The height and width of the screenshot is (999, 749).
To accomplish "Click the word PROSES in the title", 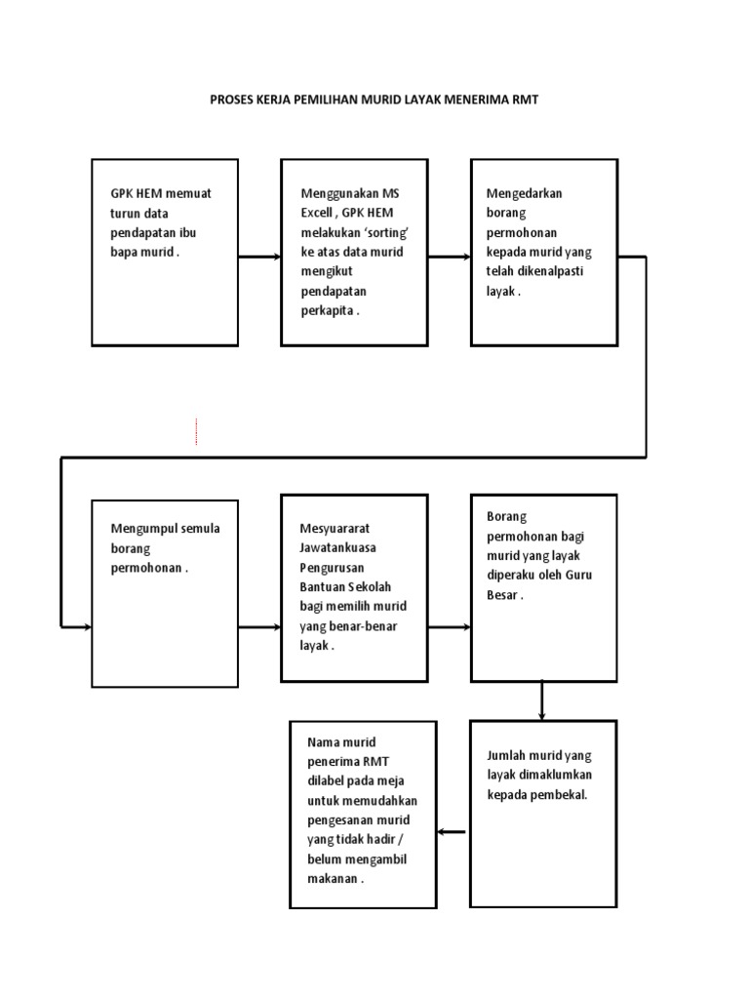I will click(231, 100).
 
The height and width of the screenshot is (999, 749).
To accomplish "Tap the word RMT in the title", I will click(526, 100).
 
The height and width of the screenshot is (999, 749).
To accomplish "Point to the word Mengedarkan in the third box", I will click(524, 193).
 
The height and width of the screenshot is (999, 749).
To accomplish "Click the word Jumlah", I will click(508, 755).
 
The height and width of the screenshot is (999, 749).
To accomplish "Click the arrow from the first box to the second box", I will click(259, 258).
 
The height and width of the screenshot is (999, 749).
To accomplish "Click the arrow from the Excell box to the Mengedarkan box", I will click(449, 258).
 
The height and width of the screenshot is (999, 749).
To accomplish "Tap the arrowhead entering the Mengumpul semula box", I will click(86, 626).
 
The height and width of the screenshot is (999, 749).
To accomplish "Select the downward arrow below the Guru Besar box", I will click(542, 700).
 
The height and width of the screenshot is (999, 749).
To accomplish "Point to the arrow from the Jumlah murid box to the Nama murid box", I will click(452, 832).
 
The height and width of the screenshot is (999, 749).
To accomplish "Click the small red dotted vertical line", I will click(196, 432).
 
